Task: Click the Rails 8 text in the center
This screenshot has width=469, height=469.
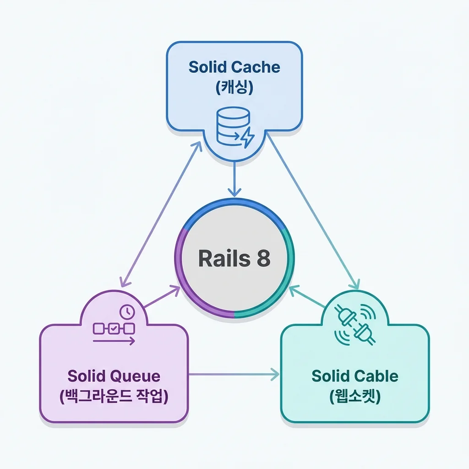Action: pyautogui.click(x=234, y=258)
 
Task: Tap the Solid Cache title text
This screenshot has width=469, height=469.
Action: pyautogui.click(x=234, y=67)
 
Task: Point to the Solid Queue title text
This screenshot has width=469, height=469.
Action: pyautogui.click(x=114, y=376)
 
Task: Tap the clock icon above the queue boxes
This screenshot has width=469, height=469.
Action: pyautogui.click(x=126, y=312)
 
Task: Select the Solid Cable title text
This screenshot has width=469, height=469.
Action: pyautogui.click(x=354, y=376)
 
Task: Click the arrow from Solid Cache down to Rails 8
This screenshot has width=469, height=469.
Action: pyautogui.click(x=234, y=179)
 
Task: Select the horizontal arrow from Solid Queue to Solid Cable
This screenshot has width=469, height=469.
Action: pyautogui.click(x=234, y=375)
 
